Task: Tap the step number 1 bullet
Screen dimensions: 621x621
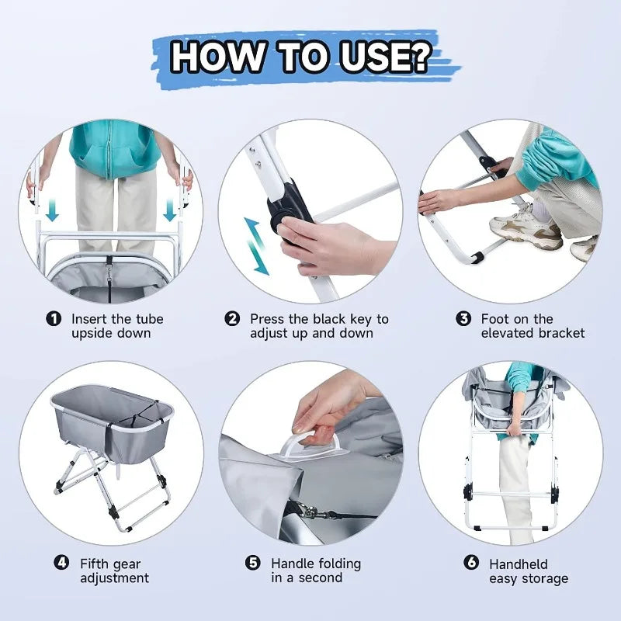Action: (x=54, y=319)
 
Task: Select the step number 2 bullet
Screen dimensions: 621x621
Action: (x=232, y=319)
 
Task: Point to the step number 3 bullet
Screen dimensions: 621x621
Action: (x=463, y=319)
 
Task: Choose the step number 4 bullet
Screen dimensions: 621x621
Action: (x=61, y=564)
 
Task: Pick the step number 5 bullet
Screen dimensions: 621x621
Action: (x=252, y=564)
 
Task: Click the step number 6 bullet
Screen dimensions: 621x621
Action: (x=470, y=564)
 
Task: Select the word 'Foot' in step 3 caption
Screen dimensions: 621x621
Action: (x=495, y=319)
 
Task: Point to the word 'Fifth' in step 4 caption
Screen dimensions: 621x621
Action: (x=95, y=564)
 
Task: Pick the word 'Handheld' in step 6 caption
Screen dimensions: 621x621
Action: (x=518, y=564)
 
